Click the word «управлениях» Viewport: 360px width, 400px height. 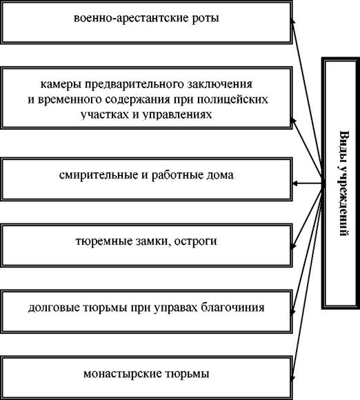tap(177, 114)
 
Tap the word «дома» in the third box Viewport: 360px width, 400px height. tap(219, 175)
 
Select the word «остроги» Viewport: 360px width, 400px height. tap(196, 242)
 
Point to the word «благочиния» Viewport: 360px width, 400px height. tap(232, 308)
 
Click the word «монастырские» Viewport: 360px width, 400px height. tap(123, 374)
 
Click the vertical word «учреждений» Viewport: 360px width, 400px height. tap(344, 201)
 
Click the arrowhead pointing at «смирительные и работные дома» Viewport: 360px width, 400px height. tap(294, 183)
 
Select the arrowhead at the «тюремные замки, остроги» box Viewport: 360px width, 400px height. tap(293, 246)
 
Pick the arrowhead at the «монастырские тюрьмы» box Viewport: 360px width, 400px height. tap(293, 378)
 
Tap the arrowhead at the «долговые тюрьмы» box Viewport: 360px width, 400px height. tap(293, 311)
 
